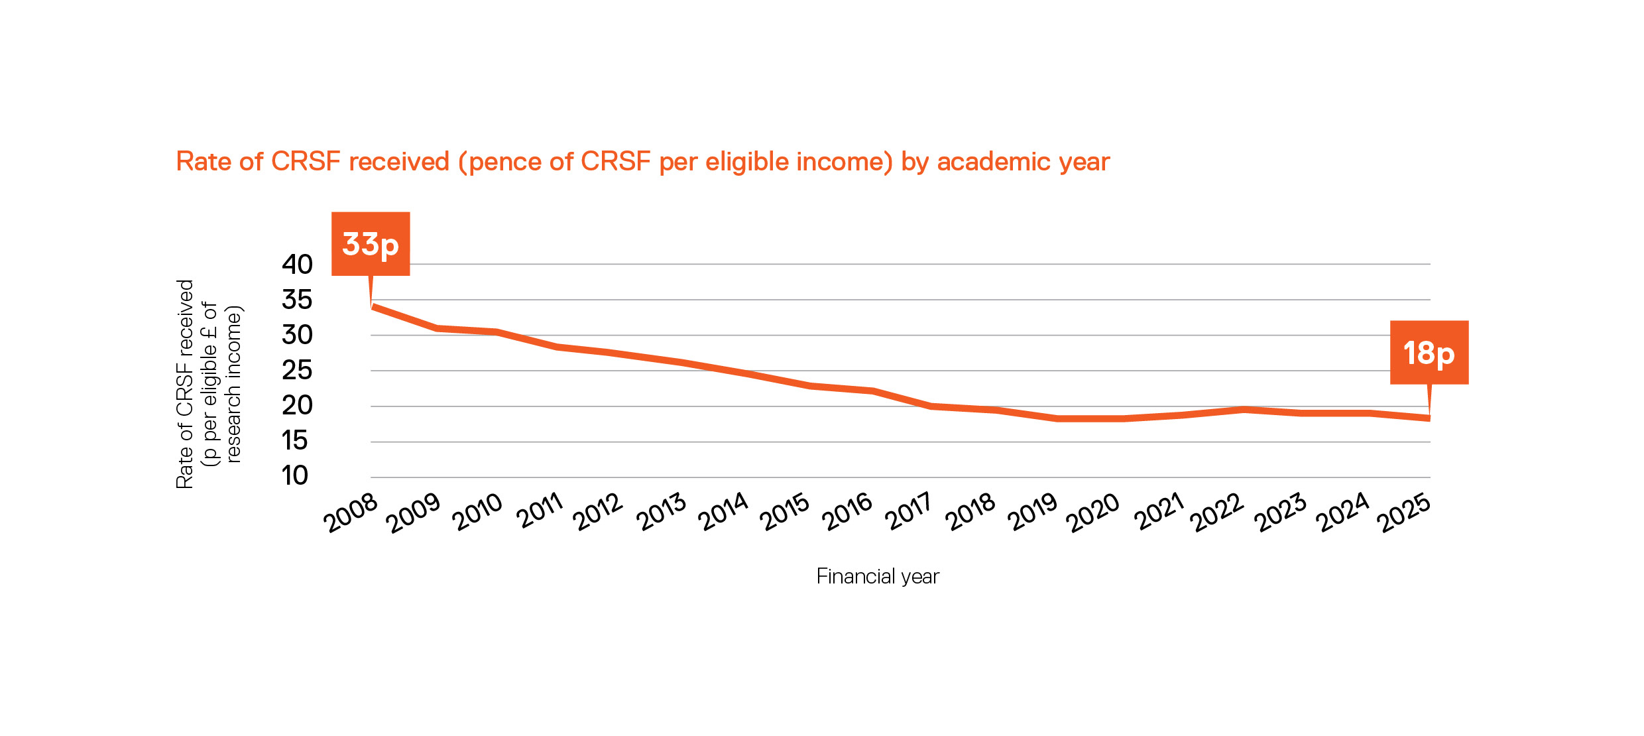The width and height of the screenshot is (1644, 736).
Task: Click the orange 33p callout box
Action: click(x=371, y=244)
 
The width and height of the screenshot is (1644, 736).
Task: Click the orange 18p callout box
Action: click(x=1429, y=352)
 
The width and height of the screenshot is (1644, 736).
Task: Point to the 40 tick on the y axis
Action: click(x=297, y=265)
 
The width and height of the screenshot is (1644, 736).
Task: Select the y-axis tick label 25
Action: click(x=297, y=370)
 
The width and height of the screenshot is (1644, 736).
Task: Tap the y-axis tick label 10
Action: click(x=295, y=475)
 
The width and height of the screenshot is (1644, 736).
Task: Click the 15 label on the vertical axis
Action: click(x=295, y=440)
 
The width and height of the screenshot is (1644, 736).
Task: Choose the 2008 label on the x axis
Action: click(x=350, y=513)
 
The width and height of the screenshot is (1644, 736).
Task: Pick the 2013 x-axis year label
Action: click(x=662, y=512)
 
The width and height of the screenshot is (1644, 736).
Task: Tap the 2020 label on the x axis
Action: click(x=1093, y=513)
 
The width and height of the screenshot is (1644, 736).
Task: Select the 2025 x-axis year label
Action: click(x=1404, y=513)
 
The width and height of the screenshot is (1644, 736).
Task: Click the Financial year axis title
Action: click(x=878, y=576)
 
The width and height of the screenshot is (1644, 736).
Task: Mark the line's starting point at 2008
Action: click(x=375, y=307)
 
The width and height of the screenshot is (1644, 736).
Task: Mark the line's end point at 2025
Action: click(x=1429, y=418)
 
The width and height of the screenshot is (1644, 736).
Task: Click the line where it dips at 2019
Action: click(x=1057, y=418)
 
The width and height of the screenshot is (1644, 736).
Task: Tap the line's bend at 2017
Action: click(x=931, y=406)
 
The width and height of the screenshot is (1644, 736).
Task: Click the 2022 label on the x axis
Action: click(x=1218, y=513)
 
